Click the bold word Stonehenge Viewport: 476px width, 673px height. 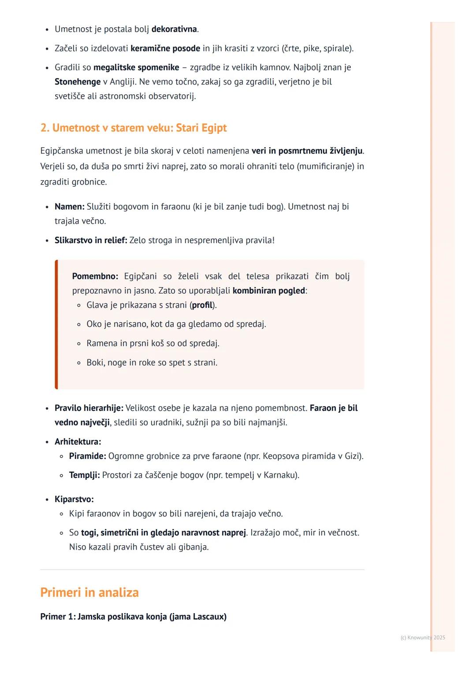coord(78,82)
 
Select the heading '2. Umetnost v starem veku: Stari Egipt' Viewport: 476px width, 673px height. coord(133,128)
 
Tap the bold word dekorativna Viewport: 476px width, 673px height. coord(174,30)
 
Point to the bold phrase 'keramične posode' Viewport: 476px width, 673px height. coord(165,48)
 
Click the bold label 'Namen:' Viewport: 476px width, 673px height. coord(69,207)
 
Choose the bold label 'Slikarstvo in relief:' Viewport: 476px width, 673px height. coord(91,240)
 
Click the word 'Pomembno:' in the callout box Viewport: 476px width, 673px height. coord(95,276)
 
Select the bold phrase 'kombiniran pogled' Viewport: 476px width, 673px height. coord(269,291)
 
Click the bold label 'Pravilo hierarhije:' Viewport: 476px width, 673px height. coord(89,408)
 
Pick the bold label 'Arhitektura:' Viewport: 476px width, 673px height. coord(78,442)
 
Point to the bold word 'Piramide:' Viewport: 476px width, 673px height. coord(87,456)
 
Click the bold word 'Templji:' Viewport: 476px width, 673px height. coord(84,475)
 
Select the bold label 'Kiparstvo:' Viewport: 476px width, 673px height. coord(74,499)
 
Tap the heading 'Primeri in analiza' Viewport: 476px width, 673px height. coord(89,592)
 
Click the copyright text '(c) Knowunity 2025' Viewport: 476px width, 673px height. coord(423,638)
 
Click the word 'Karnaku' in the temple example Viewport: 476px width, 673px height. coord(279,475)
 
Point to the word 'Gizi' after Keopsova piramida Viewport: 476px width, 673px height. coord(352,456)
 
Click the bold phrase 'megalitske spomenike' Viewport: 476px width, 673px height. coord(136,67)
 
